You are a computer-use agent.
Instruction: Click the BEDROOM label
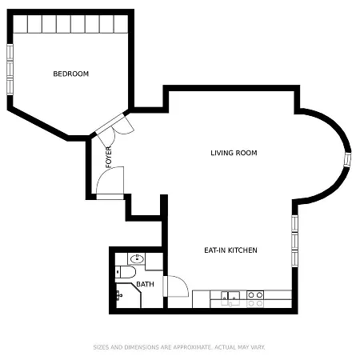70,74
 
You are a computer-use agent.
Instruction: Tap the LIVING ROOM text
234,153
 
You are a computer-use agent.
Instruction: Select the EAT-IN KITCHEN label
230,250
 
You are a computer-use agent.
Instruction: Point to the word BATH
145,284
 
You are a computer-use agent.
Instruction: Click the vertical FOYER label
109,158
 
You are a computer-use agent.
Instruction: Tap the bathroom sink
136,258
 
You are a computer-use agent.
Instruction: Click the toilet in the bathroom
124,273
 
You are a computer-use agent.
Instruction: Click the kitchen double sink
231,298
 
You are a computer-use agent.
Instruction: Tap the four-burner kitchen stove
255,298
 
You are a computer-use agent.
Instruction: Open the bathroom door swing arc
175,286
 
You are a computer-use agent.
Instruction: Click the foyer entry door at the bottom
110,182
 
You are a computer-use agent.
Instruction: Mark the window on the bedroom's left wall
10,69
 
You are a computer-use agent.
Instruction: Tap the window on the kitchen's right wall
294,240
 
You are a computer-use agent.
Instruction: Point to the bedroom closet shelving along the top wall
70,25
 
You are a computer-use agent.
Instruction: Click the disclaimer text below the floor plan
179,347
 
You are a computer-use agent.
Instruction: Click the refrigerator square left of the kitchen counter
201,298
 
